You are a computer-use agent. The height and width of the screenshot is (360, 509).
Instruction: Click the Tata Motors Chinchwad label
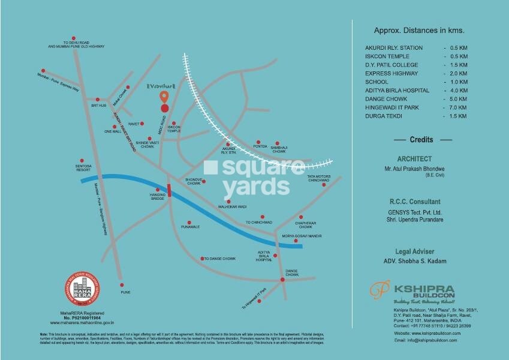(x=318, y=178)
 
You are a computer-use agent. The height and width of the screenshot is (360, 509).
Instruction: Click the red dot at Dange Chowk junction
(x=282, y=280)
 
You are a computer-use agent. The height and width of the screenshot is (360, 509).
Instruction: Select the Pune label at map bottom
(x=125, y=292)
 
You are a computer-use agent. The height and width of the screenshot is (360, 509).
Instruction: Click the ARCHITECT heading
(x=414, y=160)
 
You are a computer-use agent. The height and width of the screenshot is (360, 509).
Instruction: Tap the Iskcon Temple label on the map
(x=174, y=129)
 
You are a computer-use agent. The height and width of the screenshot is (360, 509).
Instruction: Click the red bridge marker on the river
(x=170, y=190)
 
